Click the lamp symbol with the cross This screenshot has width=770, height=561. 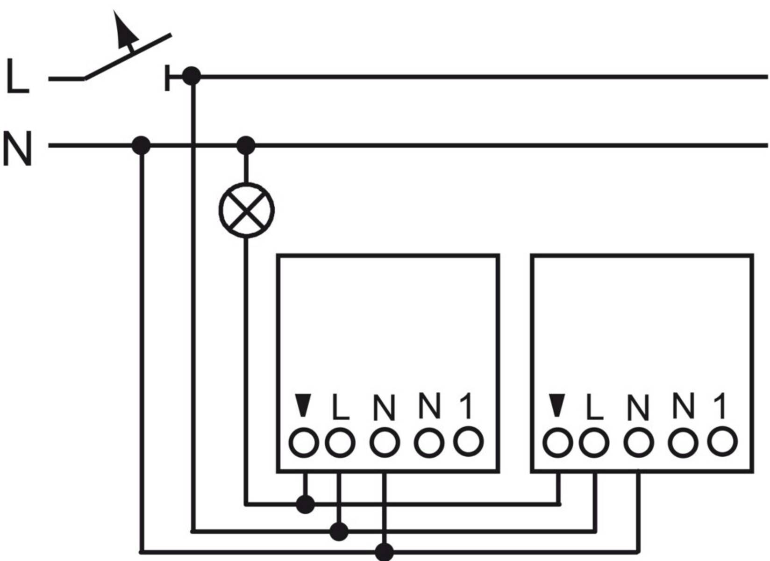click(246, 210)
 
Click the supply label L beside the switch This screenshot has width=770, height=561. click(17, 77)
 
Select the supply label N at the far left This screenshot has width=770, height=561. click(17, 149)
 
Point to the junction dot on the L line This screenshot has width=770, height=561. click(191, 76)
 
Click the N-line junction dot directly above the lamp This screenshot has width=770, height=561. click(246, 145)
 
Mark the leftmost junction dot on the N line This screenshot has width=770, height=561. click(141, 145)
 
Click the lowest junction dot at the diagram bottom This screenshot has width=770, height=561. click(384, 552)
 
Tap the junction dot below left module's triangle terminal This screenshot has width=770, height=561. click(305, 504)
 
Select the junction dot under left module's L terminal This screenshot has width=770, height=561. click(339, 532)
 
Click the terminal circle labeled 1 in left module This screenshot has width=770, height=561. click(468, 441)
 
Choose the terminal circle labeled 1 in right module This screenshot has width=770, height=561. click(722, 441)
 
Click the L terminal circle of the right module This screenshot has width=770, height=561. click(594, 442)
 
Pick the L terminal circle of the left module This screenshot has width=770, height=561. click(340, 442)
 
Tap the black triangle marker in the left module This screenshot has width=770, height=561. click(303, 405)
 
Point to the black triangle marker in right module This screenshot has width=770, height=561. click(557, 405)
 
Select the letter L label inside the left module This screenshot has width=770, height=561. click(340, 407)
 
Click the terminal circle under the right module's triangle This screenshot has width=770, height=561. click(557, 442)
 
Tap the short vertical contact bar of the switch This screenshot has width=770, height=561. click(167, 78)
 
